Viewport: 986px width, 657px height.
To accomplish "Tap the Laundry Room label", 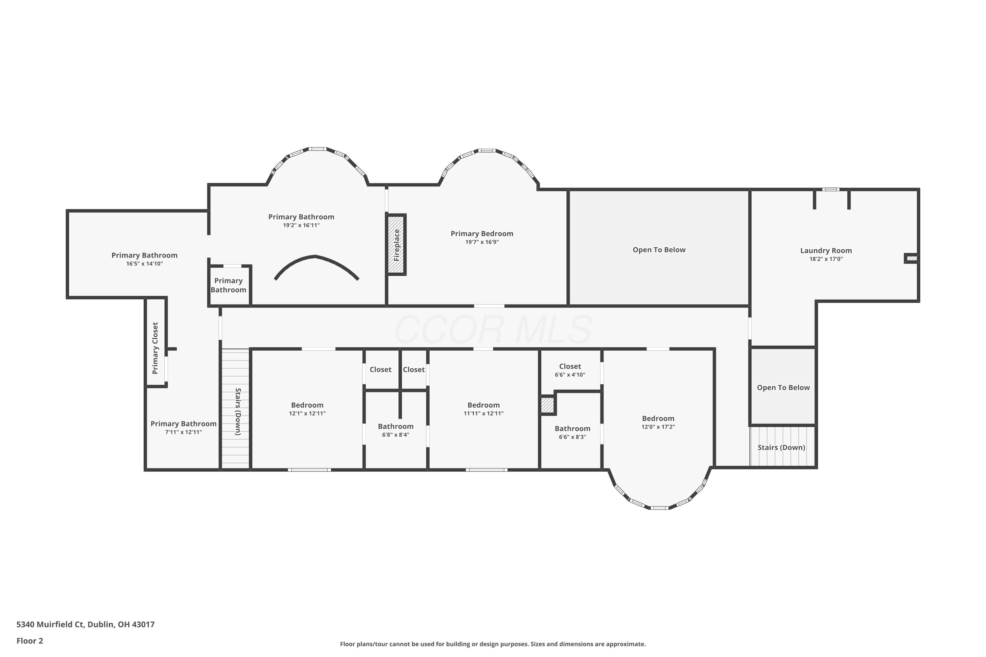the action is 826,251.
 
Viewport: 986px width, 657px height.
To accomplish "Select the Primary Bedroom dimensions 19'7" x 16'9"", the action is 482,242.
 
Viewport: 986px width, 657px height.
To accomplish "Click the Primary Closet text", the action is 155,348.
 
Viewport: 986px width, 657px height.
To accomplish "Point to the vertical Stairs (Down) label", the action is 238,412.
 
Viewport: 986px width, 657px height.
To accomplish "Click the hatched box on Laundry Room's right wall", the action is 912,259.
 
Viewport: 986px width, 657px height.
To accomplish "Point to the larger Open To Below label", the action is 659,250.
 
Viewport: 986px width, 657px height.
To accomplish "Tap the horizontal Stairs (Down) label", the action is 782,447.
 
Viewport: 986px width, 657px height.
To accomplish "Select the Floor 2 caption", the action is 30,641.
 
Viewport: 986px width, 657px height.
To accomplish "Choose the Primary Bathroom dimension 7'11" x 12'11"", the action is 184,432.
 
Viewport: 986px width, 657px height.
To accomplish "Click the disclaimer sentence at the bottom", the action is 493,644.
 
